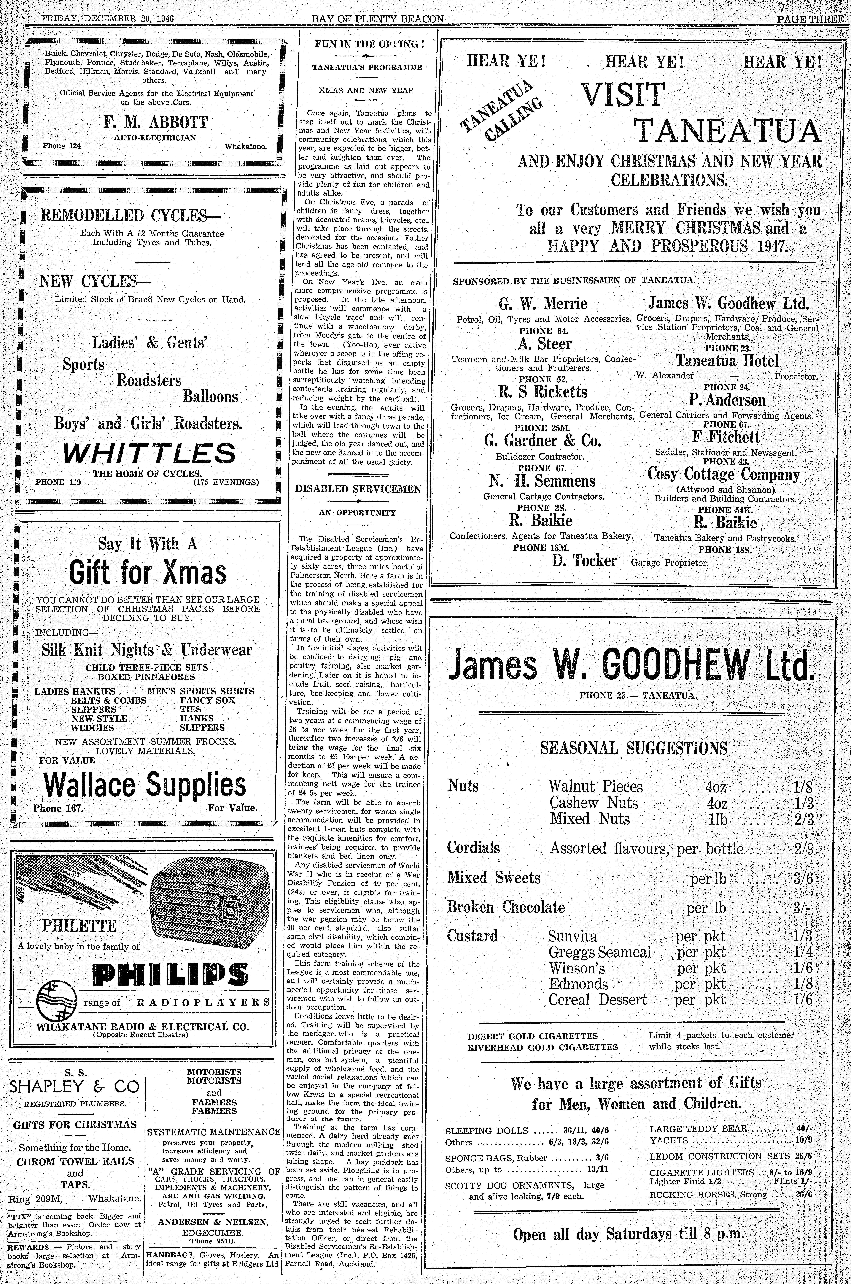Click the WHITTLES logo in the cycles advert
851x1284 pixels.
149,453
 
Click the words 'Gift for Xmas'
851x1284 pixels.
148,572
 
